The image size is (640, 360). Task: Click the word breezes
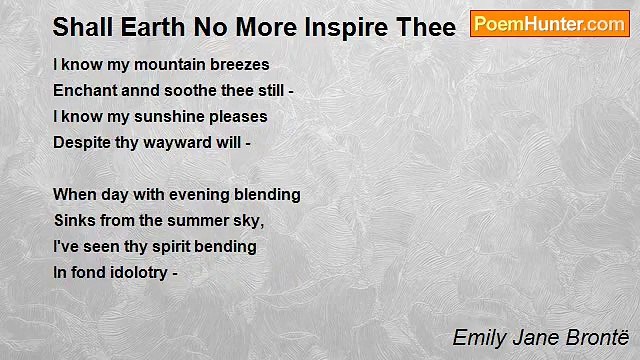(236, 64)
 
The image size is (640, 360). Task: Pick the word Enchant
(85, 90)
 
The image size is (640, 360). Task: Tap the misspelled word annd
(141, 90)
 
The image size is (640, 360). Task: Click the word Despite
(82, 142)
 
